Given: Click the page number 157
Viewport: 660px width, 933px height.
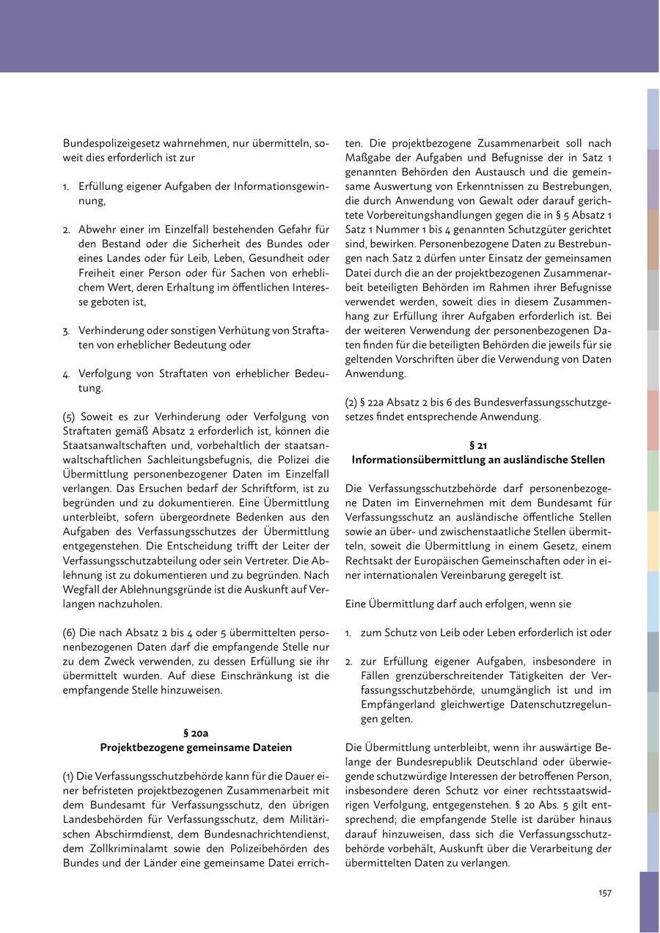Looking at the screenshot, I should [x=604, y=893].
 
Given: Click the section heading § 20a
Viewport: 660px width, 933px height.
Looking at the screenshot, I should [x=196, y=733].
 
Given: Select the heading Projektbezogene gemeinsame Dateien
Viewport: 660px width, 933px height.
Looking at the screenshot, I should [x=196, y=747].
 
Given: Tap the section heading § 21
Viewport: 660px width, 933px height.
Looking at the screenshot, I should [x=478, y=445].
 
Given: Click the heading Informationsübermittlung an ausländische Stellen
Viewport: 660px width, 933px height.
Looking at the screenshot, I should [x=478, y=460].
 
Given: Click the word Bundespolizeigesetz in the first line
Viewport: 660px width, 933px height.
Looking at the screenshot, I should [x=108, y=143].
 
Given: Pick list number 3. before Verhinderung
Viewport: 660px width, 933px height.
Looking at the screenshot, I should [x=67, y=331].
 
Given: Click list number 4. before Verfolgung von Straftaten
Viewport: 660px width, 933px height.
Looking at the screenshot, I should [x=67, y=373].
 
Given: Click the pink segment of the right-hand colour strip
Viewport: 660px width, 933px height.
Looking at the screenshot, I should [x=653, y=420].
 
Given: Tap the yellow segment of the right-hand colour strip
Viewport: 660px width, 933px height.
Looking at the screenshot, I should [x=653, y=541].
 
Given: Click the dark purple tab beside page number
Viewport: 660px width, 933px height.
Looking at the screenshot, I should [x=649, y=901].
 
